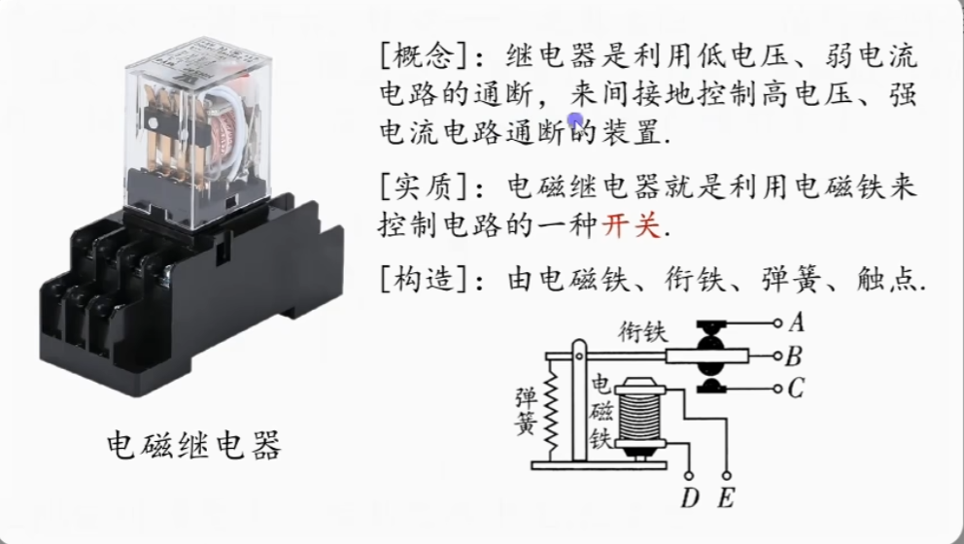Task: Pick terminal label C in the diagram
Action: click(796, 390)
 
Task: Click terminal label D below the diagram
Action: click(690, 499)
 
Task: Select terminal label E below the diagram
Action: click(725, 499)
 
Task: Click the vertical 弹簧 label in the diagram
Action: click(526, 412)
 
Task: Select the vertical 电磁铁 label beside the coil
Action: click(601, 412)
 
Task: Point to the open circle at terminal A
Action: click(776, 322)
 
